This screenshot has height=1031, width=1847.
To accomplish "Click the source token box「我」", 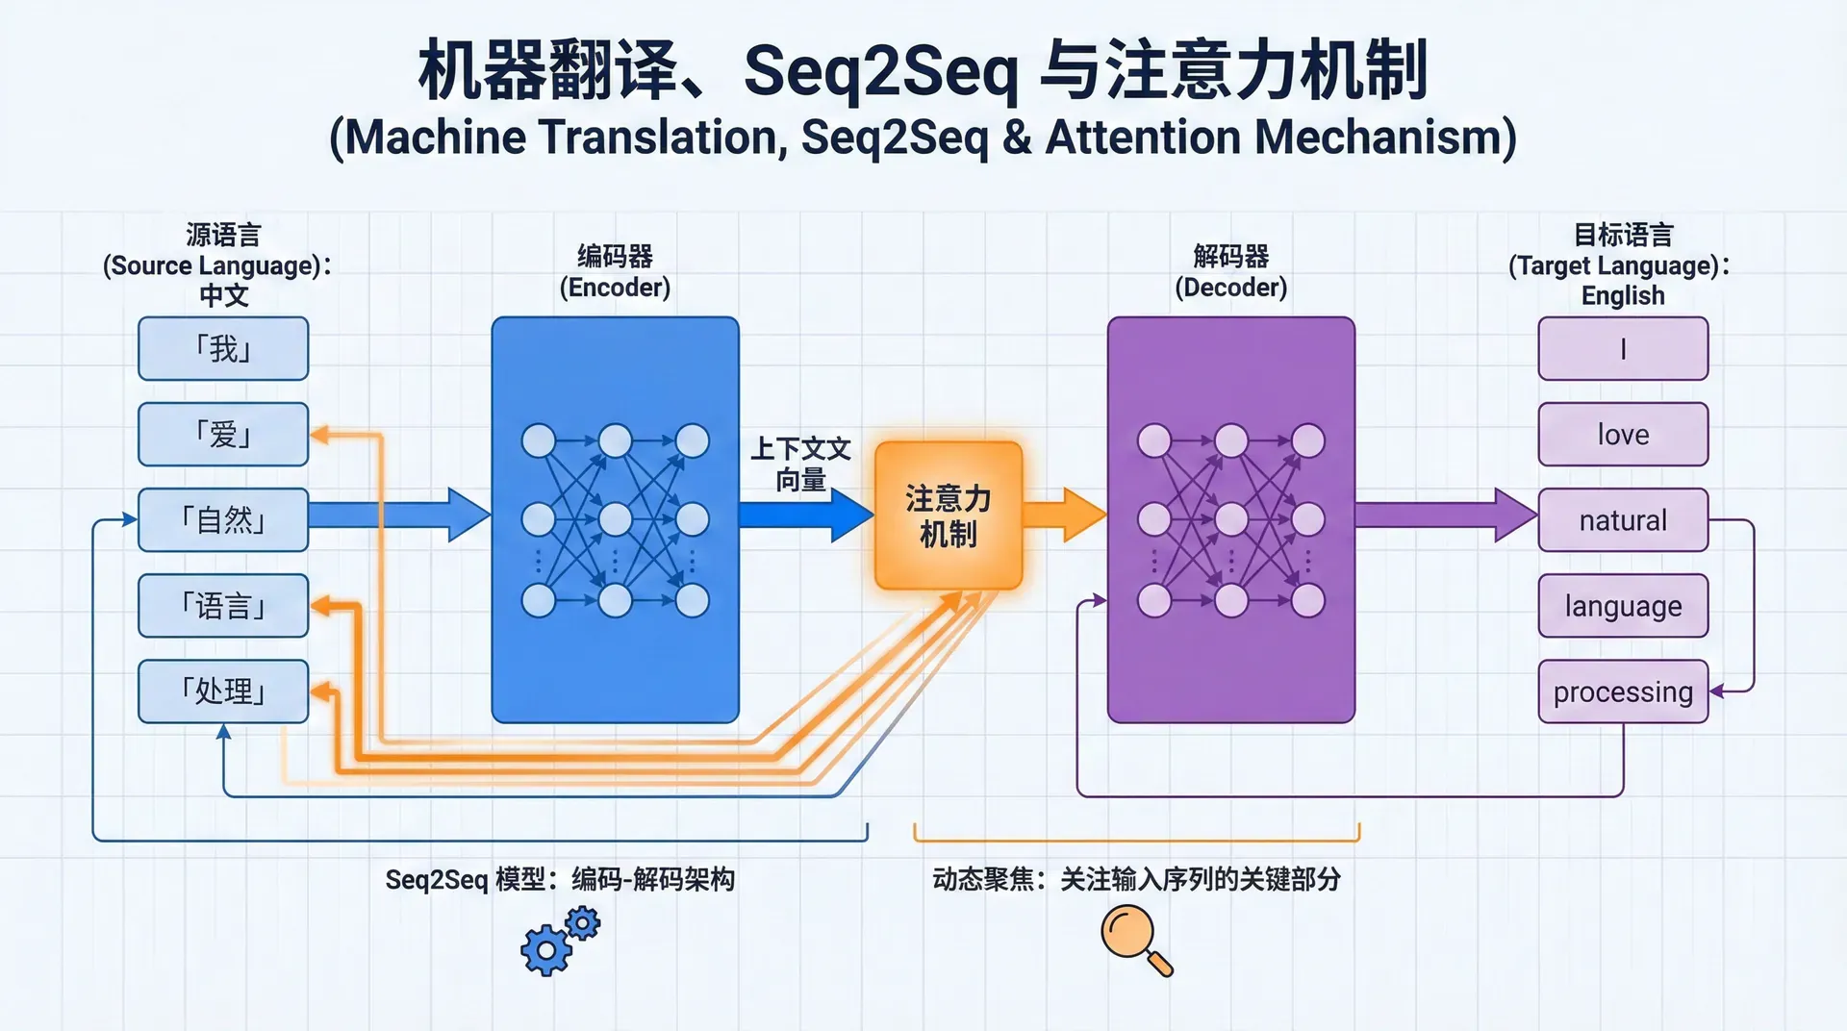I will tap(223, 348).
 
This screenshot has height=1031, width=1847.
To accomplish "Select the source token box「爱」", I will tap(223, 434).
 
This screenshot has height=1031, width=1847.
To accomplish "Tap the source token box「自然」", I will tap(223, 519).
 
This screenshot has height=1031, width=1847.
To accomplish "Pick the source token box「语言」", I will tap(223, 606).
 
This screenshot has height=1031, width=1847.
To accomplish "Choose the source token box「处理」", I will tap(223, 691).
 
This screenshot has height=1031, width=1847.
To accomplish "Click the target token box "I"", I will tap(1623, 348).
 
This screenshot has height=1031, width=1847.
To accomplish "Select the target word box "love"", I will tap(1623, 434).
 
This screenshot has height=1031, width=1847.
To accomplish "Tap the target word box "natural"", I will tap(1623, 519).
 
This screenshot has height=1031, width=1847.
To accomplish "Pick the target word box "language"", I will tap(1623, 606).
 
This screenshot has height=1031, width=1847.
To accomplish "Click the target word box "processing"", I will tap(1623, 691).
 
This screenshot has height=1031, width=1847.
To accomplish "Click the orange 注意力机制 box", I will tap(949, 515).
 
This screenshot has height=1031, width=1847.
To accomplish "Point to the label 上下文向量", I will tap(800, 464).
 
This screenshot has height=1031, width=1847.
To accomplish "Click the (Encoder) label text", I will tap(615, 287).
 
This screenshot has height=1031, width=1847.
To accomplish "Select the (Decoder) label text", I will tap(1230, 287).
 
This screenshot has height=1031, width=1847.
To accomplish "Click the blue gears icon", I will tap(558, 943).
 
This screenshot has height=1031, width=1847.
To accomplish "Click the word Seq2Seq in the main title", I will tap(880, 71).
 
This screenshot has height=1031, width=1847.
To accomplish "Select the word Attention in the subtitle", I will tap(1144, 137).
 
